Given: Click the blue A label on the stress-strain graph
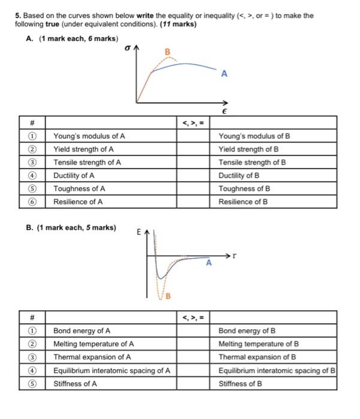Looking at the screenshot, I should tap(224, 74).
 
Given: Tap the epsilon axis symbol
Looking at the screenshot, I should tap(224, 111).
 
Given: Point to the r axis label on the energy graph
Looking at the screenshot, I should tap(235, 256).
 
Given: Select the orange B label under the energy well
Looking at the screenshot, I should tap(168, 295).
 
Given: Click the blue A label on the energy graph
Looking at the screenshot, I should tap(208, 263).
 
